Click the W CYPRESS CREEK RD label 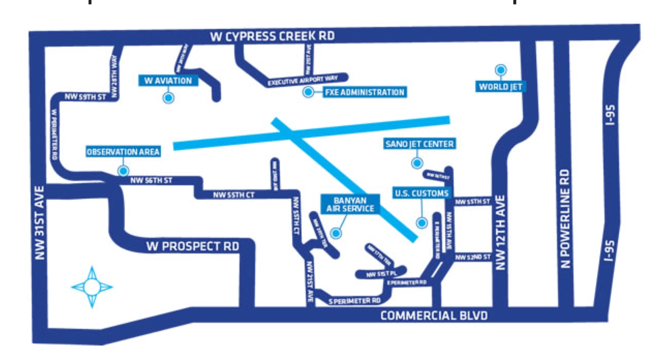272,36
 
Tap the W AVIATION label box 168,81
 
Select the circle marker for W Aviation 168,98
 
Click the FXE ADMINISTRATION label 364,92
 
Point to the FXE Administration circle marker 308,92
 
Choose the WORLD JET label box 500,87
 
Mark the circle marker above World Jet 500,70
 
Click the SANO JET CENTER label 419,144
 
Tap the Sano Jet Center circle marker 417,163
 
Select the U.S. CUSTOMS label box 422,193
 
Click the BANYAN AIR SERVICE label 350,204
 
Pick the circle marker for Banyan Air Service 336,233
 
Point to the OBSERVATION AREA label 123,152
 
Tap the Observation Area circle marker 123,170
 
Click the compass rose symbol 92,287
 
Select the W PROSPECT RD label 193,247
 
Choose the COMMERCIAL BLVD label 434,316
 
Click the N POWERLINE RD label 565,218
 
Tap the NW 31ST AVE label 40,223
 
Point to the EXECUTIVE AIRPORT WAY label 303,80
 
